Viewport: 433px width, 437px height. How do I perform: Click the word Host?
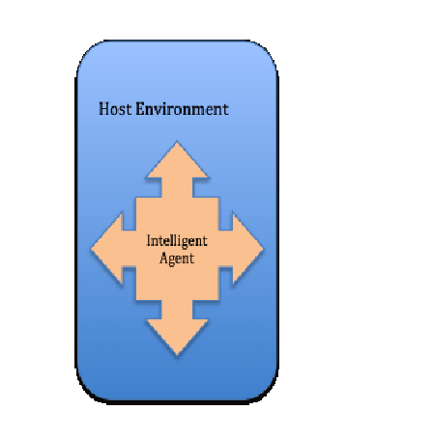pyautogui.click(x=115, y=109)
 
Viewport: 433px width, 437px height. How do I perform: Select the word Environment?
pyautogui.click(x=182, y=109)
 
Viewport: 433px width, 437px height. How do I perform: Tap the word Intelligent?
pyautogui.click(x=177, y=241)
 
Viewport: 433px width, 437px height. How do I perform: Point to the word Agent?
pyautogui.click(x=177, y=259)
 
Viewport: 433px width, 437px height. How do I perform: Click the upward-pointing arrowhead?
pyautogui.click(x=177, y=160)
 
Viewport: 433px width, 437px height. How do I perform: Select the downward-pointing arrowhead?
pyautogui.click(x=177, y=337)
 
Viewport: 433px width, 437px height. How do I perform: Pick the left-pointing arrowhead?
pyautogui.click(x=107, y=248)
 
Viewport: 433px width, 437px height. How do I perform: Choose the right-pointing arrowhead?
pyautogui.click(x=247, y=248)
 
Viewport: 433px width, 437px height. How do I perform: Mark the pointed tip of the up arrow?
pyautogui.click(x=177, y=141)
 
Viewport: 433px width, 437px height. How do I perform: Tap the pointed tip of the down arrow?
pyautogui.click(x=177, y=355)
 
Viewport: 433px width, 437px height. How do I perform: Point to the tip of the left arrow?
pyautogui.click(x=92, y=248)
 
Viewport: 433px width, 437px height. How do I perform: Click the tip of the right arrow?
pyautogui.click(x=264, y=248)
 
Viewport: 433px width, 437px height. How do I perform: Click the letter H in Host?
pyautogui.click(x=103, y=109)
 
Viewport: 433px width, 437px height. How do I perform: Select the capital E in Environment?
pyautogui.click(x=139, y=109)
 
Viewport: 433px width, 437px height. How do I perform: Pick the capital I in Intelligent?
pyautogui.click(x=149, y=240)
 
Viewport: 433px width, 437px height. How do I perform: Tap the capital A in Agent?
pyautogui.click(x=164, y=258)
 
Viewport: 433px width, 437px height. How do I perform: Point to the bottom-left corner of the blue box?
pyautogui.click(x=85, y=393)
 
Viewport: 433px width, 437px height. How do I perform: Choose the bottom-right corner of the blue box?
pyautogui.click(x=270, y=393)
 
